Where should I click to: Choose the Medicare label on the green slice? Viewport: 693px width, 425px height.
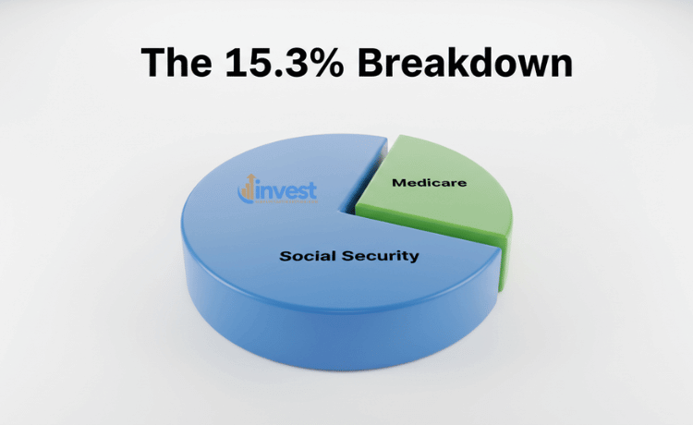tap(429, 183)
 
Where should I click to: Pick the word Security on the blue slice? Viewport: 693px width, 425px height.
tap(383, 255)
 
